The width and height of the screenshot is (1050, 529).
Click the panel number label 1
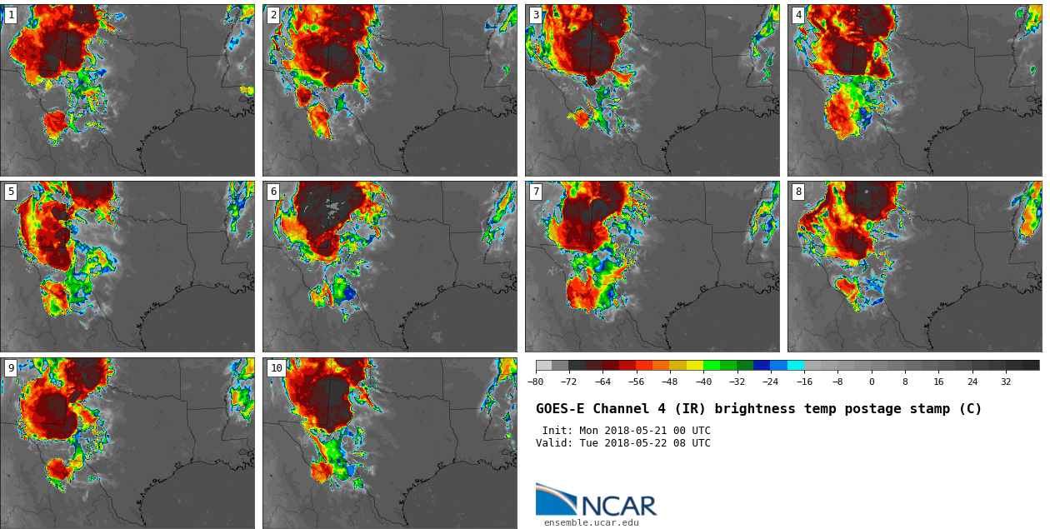click(11, 15)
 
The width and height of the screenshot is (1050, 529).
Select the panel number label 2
click(273, 15)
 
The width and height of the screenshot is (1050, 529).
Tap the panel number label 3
click(536, 15)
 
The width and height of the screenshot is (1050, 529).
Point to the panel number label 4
click(798, 15)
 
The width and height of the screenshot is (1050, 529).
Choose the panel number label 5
click(11, 192)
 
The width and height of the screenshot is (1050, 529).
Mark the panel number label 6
click(273, 192)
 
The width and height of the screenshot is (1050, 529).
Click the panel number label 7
click(536, 192)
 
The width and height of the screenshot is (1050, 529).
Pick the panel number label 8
click(798, 192)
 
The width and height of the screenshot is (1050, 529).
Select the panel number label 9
click(11, 368)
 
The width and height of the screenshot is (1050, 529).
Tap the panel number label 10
click(276, 368)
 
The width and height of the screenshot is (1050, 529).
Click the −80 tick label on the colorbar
click(536, 382)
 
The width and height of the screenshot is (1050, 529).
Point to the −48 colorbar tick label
click(670, 382)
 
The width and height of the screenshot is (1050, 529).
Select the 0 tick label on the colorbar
click(872, 382)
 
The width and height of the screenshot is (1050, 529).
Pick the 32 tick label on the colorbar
click(1006, 382)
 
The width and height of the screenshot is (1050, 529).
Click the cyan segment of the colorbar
click(796, 365)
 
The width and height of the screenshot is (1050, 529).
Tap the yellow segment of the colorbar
click(695, 365)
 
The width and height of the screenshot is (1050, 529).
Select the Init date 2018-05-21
click(650, 431)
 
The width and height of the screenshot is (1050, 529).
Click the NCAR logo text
click(618, 505)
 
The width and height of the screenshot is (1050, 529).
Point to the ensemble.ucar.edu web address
click(592, 523)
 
